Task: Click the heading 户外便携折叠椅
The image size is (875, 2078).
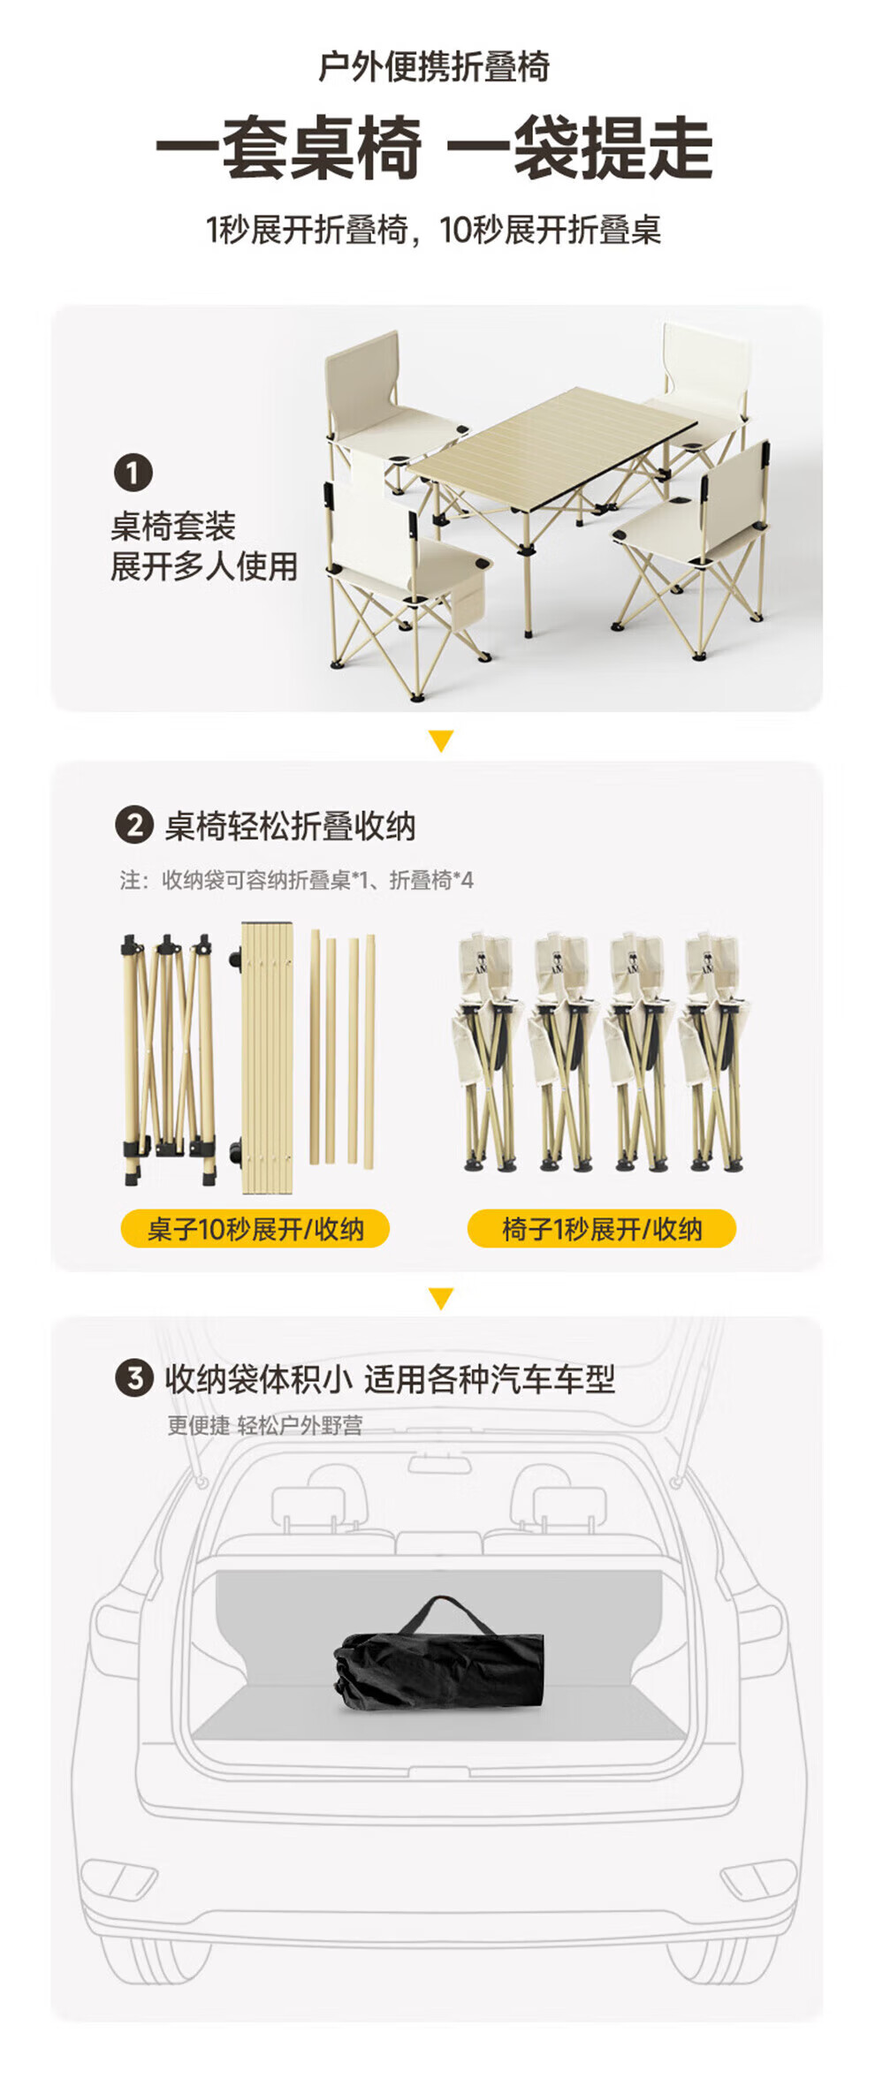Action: point(434,67)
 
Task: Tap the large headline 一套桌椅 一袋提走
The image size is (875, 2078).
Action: point(434,148)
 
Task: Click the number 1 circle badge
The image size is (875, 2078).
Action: point(133,473)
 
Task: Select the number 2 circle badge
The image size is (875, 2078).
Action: point(135,826)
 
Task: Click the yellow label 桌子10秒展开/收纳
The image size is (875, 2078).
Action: point(255,1229)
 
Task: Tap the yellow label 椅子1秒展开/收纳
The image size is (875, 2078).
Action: point(602,1229)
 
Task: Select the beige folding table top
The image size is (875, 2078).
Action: point(553,439)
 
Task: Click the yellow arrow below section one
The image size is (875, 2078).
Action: point(440,740)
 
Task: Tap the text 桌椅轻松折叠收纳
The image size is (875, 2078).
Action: point(290,827)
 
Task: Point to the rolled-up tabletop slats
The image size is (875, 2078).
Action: point(266,1057)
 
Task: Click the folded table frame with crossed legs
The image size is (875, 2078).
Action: point(168,1059)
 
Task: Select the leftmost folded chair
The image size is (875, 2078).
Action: point(488,1051)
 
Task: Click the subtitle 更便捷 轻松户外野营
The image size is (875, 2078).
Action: point(265,1425)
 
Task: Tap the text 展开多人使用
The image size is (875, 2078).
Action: point(204,566)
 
